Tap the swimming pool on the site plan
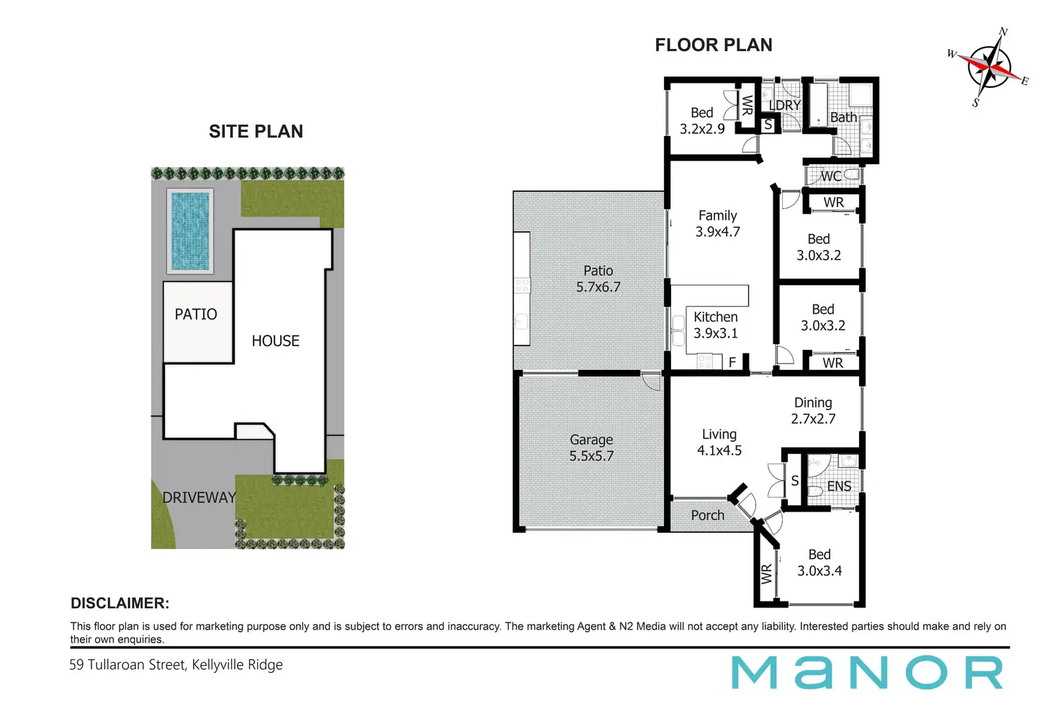[x=190, y=231]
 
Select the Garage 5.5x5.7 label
[x=591, y=448]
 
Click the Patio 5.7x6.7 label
[x=598, y=279]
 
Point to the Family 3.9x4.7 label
[x=717, y=224]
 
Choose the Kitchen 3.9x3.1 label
[x=715, y=325]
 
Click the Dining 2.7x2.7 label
[x=813, y=411]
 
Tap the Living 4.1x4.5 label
[x=719, y=443]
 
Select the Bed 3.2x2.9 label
[x=702, y=121]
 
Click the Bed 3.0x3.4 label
[x=819, y=563]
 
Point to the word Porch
[x=707, y=515]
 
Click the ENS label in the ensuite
[x=839, y=486]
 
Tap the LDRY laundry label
[x=784, y=105]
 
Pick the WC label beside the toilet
[x=830, y=176]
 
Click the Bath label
[x=843, y=117]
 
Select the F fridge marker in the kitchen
[x=732, y=362]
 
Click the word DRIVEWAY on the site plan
[x=199, y=497]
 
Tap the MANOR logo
[x=867, y=673]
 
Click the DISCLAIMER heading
[x=120, y=604]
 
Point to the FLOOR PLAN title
[x=713, y=45]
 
